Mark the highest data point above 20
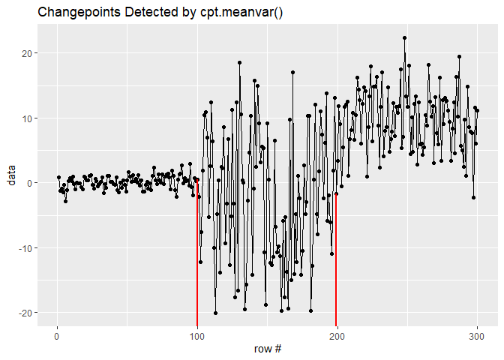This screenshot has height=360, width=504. point(404,37)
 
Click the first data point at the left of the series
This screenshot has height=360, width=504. point(58,178)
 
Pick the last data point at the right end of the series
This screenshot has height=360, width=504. point(477,110)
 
